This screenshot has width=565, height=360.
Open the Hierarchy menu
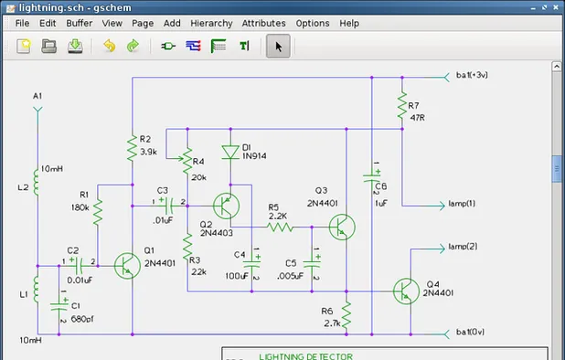209,23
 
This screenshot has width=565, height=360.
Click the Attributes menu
263,23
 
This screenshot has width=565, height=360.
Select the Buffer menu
80,23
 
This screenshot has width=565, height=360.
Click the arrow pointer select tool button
280,46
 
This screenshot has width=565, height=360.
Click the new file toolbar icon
24,46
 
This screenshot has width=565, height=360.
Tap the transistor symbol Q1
126,265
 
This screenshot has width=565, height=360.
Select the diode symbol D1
230,153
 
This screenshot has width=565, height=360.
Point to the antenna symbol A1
37,111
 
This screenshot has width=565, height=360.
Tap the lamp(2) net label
462,247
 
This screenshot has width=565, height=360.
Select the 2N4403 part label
218,233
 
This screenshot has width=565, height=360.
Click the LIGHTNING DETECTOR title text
305,355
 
